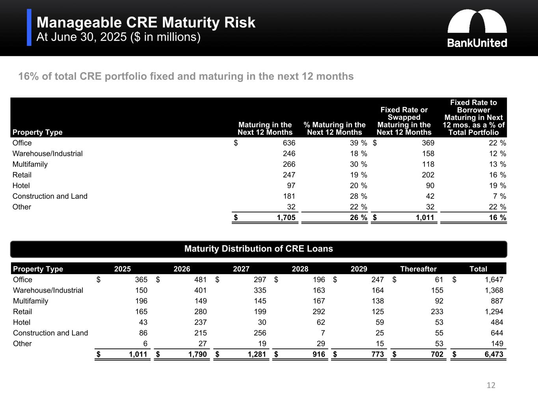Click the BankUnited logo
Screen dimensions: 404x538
[477, 28]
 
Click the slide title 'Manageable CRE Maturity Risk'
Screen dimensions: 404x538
[146, 22]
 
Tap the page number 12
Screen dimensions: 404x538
[491, 385]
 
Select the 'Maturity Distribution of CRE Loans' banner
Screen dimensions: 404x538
[259, 249]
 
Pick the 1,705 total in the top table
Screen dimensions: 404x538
[286, 217]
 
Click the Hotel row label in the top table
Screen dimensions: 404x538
[21, 185]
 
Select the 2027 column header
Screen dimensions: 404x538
[241, 269]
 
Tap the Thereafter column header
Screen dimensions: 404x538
[418, 269]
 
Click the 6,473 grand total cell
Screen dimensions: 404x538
[494, 354]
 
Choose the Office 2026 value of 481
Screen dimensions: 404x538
[200, 280]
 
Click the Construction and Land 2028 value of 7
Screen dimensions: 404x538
[323, 333]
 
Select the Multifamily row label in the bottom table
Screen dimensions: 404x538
[30, 301]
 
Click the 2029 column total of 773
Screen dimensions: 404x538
[378, 354]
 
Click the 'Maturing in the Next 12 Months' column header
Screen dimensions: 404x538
[265, 129]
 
